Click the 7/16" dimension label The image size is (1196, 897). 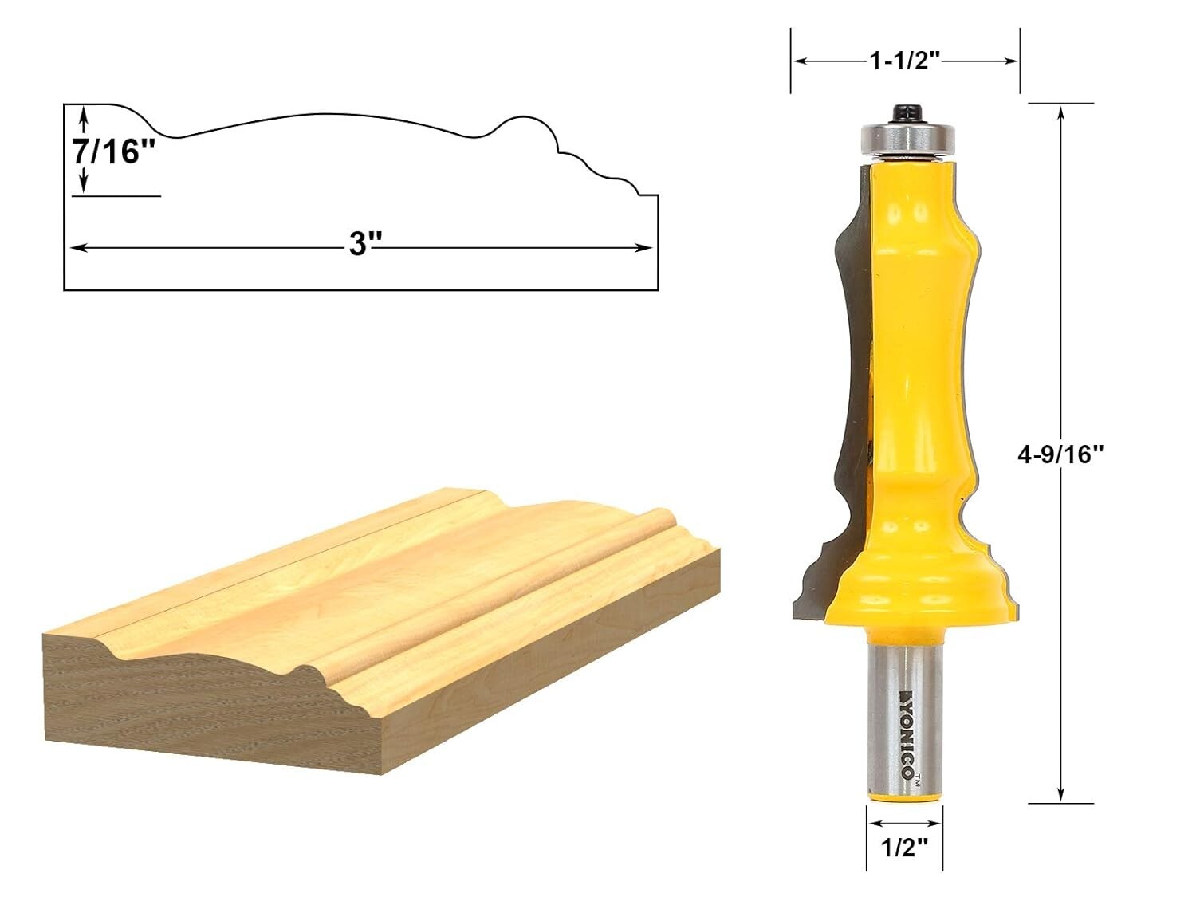[x=114, y=151]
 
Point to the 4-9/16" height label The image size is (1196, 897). [x=1060, y=454]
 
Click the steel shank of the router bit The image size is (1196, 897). [x=906, y=718]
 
